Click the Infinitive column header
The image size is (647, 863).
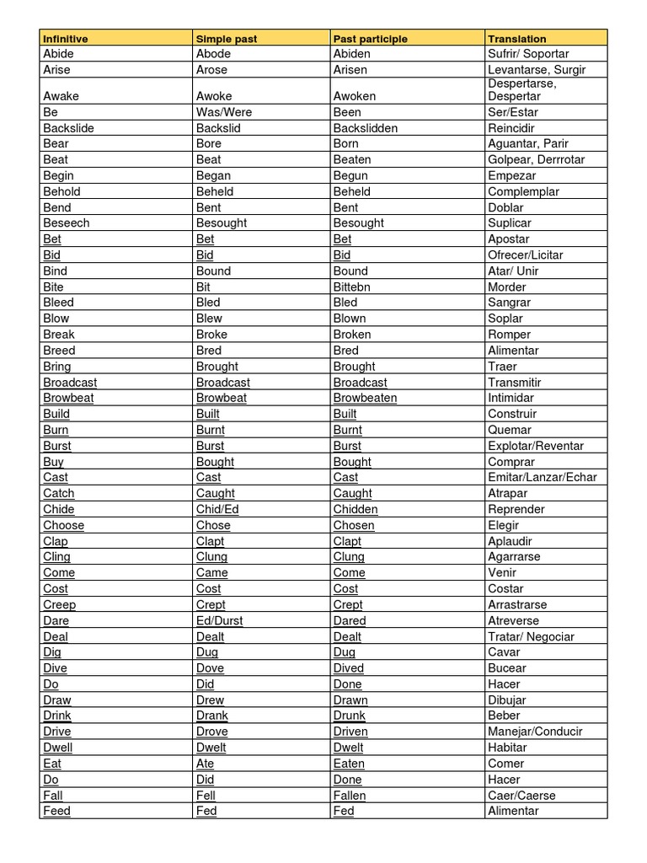[66, 39]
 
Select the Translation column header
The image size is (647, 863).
[517, 39]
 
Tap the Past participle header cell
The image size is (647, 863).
[371, 39]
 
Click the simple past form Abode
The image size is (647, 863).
[213, 54]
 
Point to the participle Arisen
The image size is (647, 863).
[350, 70]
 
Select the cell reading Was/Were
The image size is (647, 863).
[224, 112]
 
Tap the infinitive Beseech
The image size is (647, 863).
[66, 223]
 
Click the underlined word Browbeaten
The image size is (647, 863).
[365, 398]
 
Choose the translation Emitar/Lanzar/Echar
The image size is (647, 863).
[542, 477]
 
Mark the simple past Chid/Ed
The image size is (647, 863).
[217, 509]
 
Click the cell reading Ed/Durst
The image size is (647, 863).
[219, 620]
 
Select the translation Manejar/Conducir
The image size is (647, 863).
[535, 732]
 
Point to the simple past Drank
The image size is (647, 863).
[212, 716]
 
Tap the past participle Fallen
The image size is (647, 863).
[350, 795]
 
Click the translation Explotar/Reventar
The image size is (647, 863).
[536, 446]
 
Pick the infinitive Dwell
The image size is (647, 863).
[58, 748]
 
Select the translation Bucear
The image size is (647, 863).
[507, 668]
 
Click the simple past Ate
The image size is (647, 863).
[206, 764]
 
